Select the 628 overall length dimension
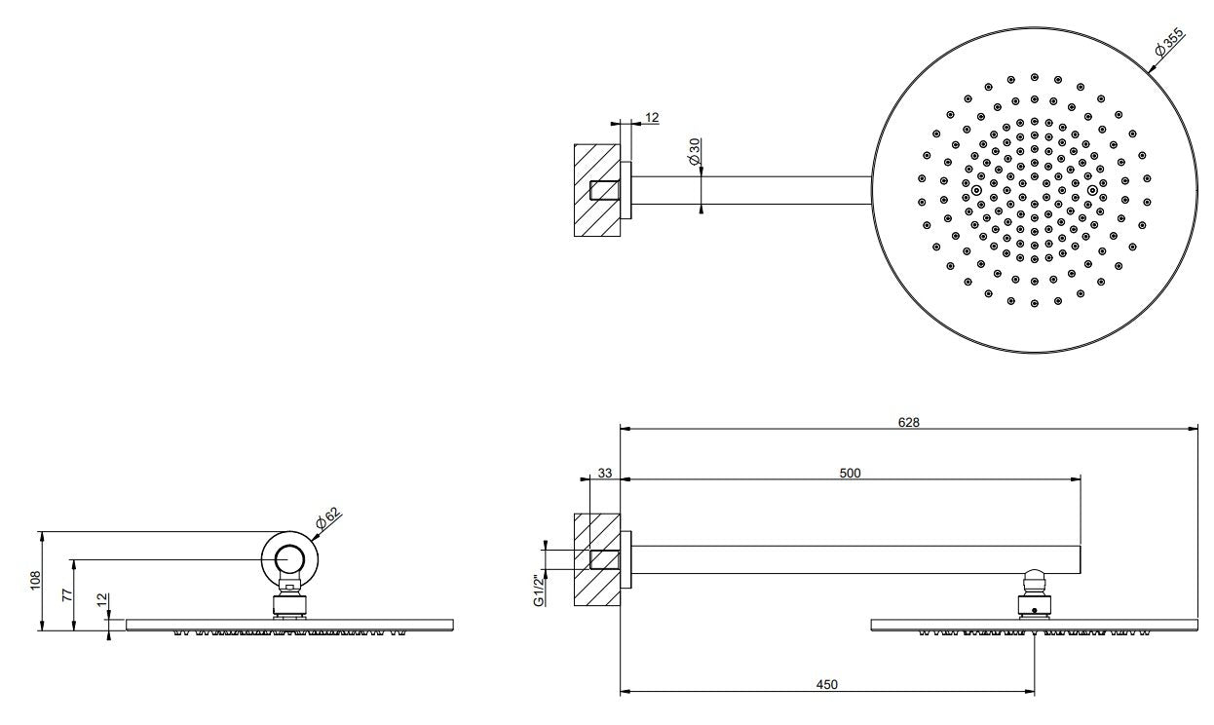click(909, 422)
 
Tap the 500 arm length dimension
click(850, 473)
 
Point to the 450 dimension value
click(827, 684)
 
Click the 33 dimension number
click(605, 473)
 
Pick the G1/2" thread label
click(539, 591)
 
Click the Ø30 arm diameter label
click(695, 151)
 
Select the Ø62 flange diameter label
click(329, 517)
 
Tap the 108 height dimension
click(35, 581)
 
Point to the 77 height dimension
click(67, 595)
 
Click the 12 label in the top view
click(652, 117)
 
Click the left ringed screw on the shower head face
click(976, 190)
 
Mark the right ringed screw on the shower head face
click(1092, 190)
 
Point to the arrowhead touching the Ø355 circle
click(1152, 69)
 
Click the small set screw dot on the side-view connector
click(1034, 611)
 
